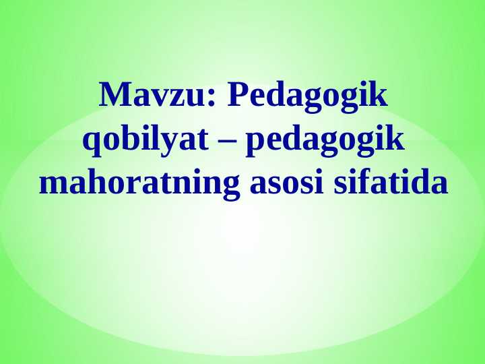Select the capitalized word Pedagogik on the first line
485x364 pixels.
point(308,97)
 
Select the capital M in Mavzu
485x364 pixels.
point(112,96)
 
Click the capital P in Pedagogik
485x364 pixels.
point(236,96)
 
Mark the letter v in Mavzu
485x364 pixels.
point(160,99)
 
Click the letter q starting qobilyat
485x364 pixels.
point(89,143)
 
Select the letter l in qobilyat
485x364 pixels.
point(148,140)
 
